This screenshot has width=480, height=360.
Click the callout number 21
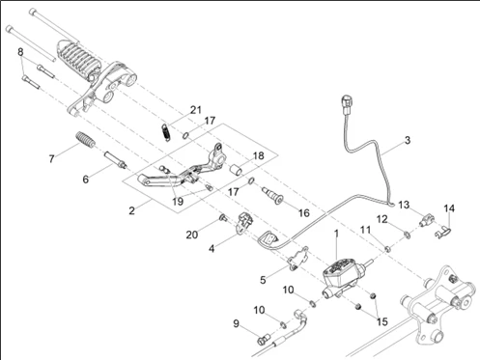point(195,110)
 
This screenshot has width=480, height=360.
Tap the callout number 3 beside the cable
point(408,140)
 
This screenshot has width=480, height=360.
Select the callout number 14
point(449,208)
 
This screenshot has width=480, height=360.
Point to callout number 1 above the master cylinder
point(337,234)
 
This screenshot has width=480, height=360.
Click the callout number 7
point(51,158)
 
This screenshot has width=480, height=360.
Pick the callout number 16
point(304,212)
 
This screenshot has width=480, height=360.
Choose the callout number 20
point(192,235)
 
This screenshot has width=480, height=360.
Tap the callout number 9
point(237,323)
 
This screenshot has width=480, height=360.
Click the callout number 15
point(382,321)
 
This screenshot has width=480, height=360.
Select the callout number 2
point(131,210)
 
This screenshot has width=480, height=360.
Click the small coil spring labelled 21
point(165,132)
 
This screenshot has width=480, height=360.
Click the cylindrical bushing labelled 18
point(237,170)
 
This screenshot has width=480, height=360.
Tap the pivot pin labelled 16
point(272,195)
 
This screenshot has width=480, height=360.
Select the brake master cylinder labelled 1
point(345,276)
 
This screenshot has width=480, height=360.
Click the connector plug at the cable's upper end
point(347,104)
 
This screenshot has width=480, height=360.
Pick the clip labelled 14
point(443,233)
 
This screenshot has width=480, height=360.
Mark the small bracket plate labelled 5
point(297,259)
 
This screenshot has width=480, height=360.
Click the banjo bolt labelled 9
point(263,341)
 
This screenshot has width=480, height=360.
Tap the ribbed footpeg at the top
point(76,61)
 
